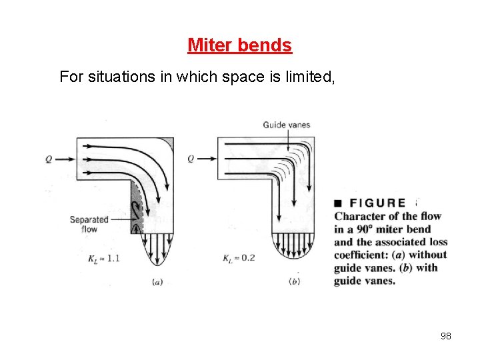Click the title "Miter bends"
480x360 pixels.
pyautogui.click(x=239, y=45)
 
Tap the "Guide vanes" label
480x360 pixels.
pyautogui.click(x=287, y=125)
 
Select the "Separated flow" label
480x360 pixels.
pyautogui.click(x=89, y=224)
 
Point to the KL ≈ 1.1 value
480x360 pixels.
pyautogui.click(x=103, y=258)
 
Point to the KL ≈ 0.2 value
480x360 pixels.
pyautogui.click(x=239, y=258)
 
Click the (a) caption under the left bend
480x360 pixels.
pyautogui.click(x=157, y=282)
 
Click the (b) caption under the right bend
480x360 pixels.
pyautogui.click(x=294, y=282)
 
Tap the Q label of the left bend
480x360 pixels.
pyautogui.click(x=49, y=159)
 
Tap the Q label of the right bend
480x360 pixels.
pyautogui.click(x=191, y=159)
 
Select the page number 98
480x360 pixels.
pyautogui.click(x=446, y=336)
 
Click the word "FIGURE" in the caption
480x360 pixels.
pyautogui.click(x=377, y=203)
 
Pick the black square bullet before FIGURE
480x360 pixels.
pyautogui.click(x=339, y=203)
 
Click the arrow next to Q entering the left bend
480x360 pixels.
pyautogui.click(x=65, y=159)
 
